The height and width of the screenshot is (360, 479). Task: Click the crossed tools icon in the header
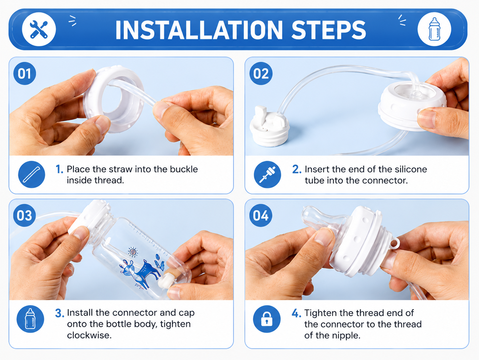point(39,29)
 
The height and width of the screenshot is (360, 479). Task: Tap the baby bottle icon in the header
point(434,29)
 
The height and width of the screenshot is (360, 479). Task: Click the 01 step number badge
point(24,73)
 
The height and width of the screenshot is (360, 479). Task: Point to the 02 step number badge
point(261,73)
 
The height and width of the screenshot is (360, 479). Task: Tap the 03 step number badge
point(24,215)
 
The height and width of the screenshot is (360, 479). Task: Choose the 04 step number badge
point(261,215)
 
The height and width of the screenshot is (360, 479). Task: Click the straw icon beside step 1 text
point(32,175)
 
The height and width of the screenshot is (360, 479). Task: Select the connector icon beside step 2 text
point(267,175)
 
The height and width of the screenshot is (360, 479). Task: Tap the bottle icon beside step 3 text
point(30,319)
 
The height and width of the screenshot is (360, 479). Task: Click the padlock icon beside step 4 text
point(267,319)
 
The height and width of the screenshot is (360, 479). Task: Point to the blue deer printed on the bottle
point(140,271)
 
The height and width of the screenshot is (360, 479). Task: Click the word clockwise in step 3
point(89,335)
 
